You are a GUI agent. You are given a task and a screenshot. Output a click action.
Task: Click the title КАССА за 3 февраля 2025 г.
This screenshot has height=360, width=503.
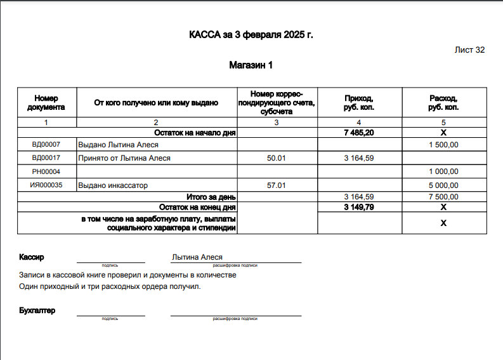click(x=251, y=34)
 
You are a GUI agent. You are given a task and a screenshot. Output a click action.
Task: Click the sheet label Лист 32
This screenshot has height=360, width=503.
click(x=469, y=50)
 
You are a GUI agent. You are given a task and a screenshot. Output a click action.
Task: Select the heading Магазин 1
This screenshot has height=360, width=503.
click(x=251, y=65)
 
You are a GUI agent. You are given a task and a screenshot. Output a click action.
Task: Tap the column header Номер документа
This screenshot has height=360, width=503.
click(x=46, y=102)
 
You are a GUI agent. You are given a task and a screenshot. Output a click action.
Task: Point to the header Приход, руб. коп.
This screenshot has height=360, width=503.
click(x=358, y=102)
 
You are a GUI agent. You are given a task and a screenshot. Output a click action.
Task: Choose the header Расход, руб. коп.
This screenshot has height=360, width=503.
click(x=443, y=102)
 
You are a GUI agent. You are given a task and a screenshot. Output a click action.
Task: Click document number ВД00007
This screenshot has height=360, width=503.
click(x=46, y=145)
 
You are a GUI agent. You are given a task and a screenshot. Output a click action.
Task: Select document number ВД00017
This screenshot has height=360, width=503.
click(x=46, y=158)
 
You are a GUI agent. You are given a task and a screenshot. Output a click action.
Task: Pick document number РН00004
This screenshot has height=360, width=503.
click(x=46, y=171)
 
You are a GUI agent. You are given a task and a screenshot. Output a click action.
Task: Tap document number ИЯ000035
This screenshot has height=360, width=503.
click(x=46, y=185)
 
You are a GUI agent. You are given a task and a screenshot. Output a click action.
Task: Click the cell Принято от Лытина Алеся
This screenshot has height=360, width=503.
click(x=124, y=158)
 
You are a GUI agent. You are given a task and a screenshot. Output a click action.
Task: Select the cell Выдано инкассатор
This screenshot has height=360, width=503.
click(x=113, y=185)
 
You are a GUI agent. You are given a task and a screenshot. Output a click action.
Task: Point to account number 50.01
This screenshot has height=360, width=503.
click(x=277, y=158)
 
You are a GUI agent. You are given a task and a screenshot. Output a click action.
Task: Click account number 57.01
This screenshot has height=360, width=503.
click(x=277, y=185)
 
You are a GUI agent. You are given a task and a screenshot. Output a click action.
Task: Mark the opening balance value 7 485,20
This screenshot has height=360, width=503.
click(x=358, y=133)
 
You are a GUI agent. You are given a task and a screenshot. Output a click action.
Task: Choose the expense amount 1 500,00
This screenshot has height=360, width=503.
click(x=443, y=145)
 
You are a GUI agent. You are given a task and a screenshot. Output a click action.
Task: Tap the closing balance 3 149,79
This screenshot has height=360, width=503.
click(x=358, y=207)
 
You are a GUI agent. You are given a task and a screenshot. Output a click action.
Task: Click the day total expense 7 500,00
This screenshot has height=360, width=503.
click(x=443, y=197)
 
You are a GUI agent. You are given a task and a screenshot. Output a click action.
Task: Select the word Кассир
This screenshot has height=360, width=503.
click(x=32, y=257)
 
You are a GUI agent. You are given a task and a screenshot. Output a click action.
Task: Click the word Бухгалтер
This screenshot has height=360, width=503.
click(x=37, y=310)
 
